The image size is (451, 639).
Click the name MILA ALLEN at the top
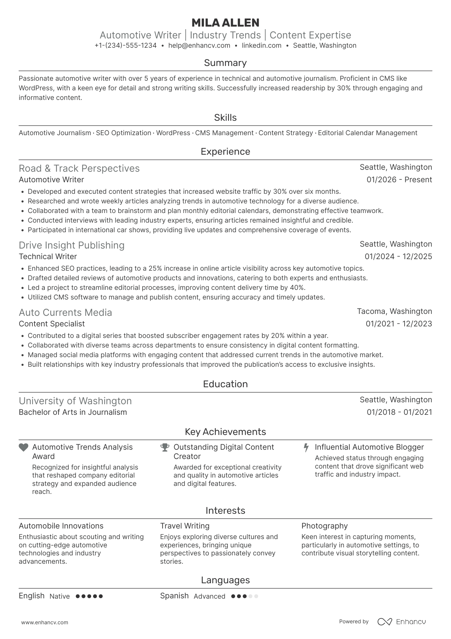click(x=225, y=23)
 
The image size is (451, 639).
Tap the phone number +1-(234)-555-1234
click(x=125, y=45)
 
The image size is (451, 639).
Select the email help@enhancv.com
click(x=199, y=45)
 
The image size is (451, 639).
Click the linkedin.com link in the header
click(x=261, y=45)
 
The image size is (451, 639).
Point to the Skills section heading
click(x=225, y=118)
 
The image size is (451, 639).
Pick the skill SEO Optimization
click(x=123, y=133)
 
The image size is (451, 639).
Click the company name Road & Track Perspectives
click(x=79, y=168)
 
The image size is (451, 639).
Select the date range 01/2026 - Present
click(x=399, y=180)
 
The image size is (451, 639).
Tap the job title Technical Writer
click(x=48, y=257)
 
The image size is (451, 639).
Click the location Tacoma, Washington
click(x=394, y=311)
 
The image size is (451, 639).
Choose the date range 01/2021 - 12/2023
click(x=399, y=324)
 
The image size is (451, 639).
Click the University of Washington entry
click(x=75, y=401)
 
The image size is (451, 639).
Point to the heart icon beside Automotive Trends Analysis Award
click(x=23, y=447)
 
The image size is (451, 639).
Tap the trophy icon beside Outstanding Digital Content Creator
click(x=165, y=447)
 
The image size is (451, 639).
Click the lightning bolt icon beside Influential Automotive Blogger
click(x=306, y=447)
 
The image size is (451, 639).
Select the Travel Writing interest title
click(x=185, y=526)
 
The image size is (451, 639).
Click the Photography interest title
click(x=324, y=526)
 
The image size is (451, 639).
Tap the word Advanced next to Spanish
click(x=209, y=596)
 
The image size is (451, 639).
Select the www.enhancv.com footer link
click(x=44, y=623)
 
